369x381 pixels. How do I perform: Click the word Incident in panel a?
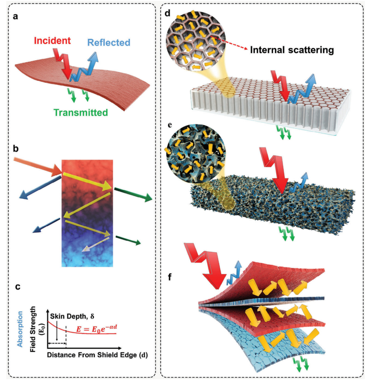51,41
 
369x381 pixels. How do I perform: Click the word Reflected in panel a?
109,43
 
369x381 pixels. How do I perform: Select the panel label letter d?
167,14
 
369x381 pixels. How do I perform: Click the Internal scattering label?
292,50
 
